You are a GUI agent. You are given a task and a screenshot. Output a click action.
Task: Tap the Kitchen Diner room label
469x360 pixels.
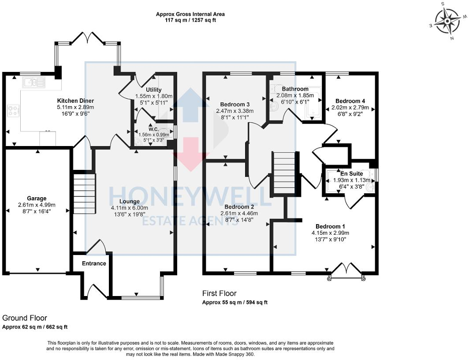click(75, 101)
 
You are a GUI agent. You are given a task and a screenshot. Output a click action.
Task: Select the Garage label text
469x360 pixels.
click(37, 199)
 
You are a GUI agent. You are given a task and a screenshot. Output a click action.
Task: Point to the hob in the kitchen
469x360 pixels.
click(13, 110)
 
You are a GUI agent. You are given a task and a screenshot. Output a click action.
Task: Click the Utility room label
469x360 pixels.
click(154, 90)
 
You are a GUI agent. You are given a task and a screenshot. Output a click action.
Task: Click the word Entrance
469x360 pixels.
click(94, 263)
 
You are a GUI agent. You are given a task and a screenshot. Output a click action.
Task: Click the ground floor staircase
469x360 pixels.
click(84, 193)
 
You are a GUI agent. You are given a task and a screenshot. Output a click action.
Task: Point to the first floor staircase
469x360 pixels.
click(285, 173)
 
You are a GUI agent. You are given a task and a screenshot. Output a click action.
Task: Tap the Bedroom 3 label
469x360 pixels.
click(235, 105)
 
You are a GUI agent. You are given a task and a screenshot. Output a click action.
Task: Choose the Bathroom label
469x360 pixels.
click(295, 89)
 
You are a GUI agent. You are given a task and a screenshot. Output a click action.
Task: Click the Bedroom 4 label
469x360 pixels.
click(350, 101)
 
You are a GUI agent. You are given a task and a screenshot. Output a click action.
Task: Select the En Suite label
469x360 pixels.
click(351, 173)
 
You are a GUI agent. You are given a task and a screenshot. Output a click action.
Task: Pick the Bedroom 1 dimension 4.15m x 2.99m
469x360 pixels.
click(330, 233)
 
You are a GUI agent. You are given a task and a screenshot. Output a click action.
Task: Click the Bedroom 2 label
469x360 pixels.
click(239, 206)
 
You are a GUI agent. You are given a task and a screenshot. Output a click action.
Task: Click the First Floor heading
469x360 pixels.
click(219, 293)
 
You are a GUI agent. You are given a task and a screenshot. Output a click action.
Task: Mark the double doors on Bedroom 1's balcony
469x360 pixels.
click(346, 270)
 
